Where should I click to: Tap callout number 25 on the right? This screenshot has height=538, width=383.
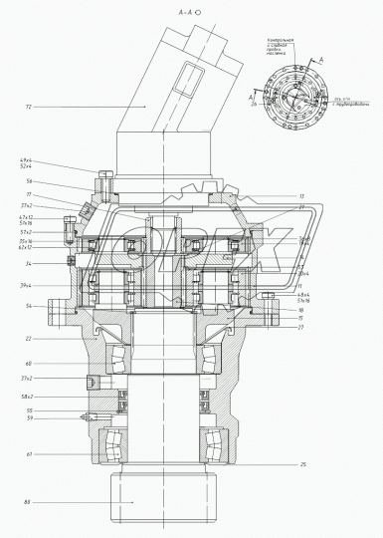(301, 465)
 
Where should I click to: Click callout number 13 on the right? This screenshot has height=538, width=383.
(300, 196)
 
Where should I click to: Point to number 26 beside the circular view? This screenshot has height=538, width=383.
(255, 104)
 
